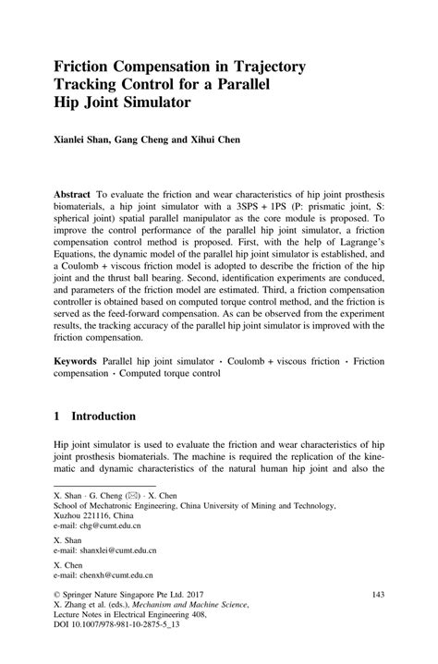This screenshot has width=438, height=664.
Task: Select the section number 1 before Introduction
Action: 58,417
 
